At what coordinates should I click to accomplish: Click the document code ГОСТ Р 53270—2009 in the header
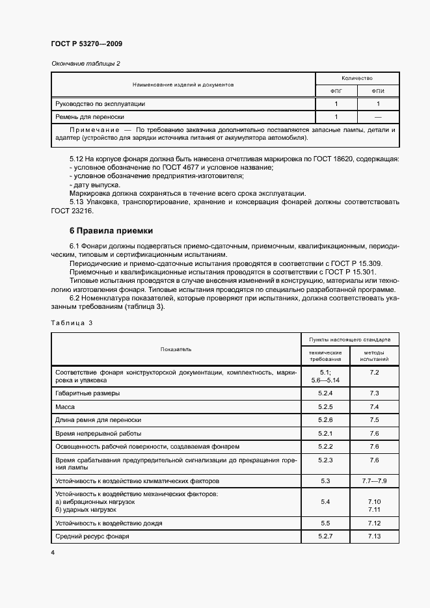pos(87,44)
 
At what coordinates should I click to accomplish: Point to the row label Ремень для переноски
pos(90,116)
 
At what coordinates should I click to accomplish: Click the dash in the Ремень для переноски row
pos(378,116)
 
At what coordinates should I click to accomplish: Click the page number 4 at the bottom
pos(53,552)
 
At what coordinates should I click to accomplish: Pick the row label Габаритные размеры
pos(88,393)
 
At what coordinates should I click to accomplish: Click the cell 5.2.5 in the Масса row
pos(325,406)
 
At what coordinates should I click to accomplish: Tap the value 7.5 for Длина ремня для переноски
pos(373,420)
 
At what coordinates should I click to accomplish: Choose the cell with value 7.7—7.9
pos(373,481)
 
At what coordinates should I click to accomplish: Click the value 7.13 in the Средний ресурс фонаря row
pos(373,536)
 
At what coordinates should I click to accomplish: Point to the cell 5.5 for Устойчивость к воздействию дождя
pos(325,523)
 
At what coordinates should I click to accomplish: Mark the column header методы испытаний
pos(373,355)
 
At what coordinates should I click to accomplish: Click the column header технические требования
pos(325,355)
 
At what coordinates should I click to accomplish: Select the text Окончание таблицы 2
pos(86,63)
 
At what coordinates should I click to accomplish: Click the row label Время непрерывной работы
pos(98,433)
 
